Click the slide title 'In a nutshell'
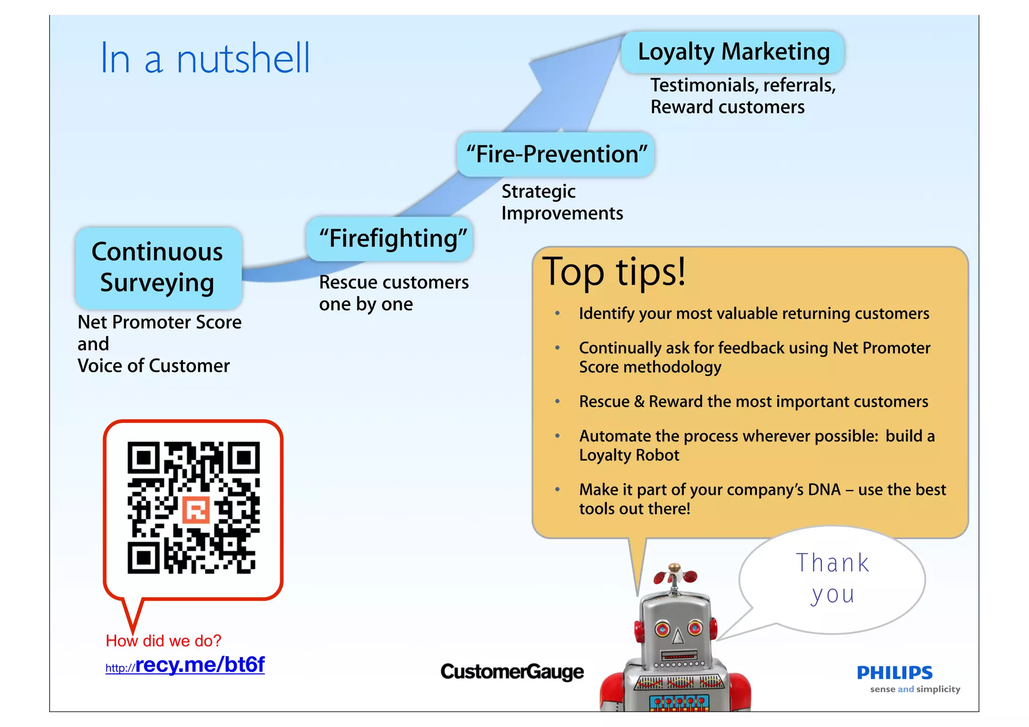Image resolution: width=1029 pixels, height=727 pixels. (x=205, y=59)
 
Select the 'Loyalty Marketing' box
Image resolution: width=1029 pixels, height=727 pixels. (x=733, y=52)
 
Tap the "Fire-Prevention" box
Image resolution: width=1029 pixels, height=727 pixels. (x=556, y=154)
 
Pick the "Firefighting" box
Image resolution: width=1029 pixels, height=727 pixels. (x=390, y=239)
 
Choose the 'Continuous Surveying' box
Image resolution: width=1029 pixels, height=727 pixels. (x=158, y=267)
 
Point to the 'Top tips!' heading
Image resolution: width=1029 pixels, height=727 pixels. (x=614, y=272)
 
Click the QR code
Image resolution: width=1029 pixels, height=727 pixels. (x=193, y=507)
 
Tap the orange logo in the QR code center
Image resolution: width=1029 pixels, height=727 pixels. (x=195, y=510)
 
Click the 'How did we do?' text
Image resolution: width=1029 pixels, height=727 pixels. (x=163, y=641)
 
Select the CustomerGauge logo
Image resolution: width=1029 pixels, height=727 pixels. (x=512, y=672)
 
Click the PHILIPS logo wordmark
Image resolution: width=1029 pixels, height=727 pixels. (x=894, y=672)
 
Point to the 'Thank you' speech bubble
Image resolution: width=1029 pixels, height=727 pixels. (x=832, y=579)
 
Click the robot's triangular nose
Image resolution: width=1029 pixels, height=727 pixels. (x=678, y=637)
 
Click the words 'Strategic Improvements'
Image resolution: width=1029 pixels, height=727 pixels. (x=562, y=202)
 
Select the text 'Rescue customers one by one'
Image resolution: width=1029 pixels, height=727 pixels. (x=393, y=293)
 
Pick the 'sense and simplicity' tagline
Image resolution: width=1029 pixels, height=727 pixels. (x=914, y=689)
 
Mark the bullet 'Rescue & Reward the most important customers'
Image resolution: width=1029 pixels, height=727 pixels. (x=753, y=401)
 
